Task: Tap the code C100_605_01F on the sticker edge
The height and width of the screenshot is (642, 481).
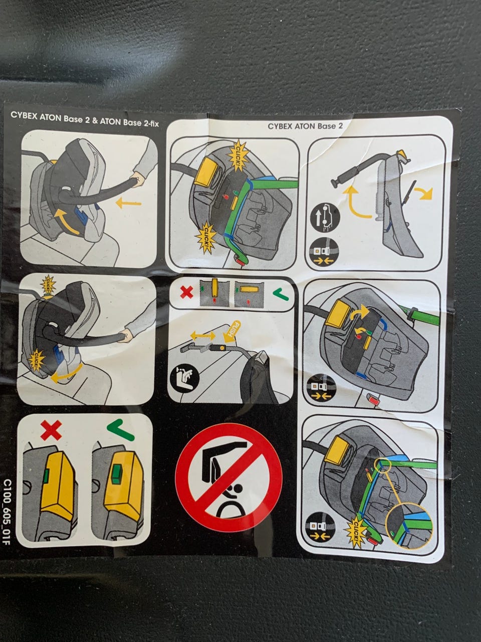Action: click(7, 512)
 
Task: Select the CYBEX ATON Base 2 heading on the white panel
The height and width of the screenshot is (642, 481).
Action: click(305, 126)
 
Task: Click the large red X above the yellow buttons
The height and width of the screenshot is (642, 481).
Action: click(51, 430)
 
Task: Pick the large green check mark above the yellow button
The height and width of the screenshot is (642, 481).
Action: click(120, 430)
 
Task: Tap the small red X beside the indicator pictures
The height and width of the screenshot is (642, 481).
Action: click(186, 291)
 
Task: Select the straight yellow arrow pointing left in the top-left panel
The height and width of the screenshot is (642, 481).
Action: click(128, 203)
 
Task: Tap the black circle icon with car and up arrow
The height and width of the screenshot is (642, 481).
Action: click(325, 218)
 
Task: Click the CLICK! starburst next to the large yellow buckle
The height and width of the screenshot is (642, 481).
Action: click(238, 155)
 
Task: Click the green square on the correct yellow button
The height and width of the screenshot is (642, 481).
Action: click(116, 478)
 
